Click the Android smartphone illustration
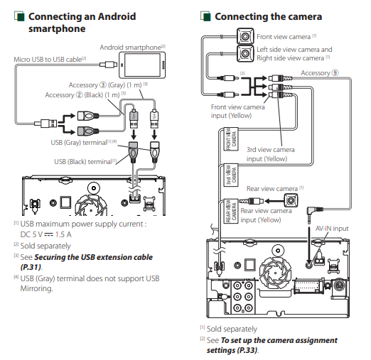pos(142,65)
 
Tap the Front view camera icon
pos(245,36)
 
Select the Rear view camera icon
pos(291,201)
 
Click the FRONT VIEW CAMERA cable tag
pos(231,139)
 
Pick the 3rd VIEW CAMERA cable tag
pos(231,175)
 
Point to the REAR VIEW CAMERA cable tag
pos(231,211)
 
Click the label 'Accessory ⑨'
pos(320,73)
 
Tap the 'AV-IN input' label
pos(332,229)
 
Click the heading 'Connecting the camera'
pos(268,16)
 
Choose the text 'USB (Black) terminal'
pos(83,162)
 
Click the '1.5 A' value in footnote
pos(63,234)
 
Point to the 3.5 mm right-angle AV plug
pos(313,212)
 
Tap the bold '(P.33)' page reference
pos(244,350)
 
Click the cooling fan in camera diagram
pos(275,271)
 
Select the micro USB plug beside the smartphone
pos(108,65)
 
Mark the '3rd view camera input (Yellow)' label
pos(270,154)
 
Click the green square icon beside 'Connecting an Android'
pos(19,16)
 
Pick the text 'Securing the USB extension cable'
pos(94,257)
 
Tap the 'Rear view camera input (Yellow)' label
pos(266,215)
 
